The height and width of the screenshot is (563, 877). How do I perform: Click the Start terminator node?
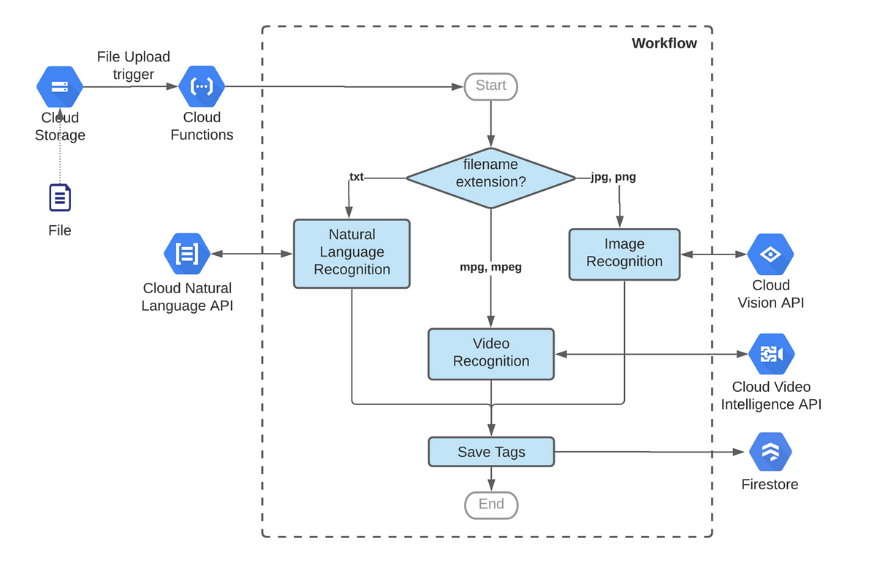490,86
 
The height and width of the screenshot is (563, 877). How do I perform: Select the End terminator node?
490,505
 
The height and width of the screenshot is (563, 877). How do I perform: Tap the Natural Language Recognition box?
352,253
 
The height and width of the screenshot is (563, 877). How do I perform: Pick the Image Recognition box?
624,254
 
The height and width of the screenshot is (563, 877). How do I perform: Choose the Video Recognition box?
490,353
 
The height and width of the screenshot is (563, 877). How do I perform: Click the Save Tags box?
490,452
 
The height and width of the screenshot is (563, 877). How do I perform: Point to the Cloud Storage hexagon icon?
60,86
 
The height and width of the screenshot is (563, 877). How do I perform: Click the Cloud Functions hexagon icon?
202,86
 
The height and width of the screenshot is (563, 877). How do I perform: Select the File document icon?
60,197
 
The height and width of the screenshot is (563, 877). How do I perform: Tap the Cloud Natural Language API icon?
187,254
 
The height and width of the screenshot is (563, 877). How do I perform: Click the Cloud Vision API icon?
770,254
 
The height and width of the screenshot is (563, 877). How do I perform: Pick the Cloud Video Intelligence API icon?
770,354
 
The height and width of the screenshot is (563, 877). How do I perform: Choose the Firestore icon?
770,452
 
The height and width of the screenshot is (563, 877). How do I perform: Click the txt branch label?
357,177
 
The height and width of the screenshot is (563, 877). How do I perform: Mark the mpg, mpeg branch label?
490,268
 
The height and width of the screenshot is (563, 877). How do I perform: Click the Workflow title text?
664,43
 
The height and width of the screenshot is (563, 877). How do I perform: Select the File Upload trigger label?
133,65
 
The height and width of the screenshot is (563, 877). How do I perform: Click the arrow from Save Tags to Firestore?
650,452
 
